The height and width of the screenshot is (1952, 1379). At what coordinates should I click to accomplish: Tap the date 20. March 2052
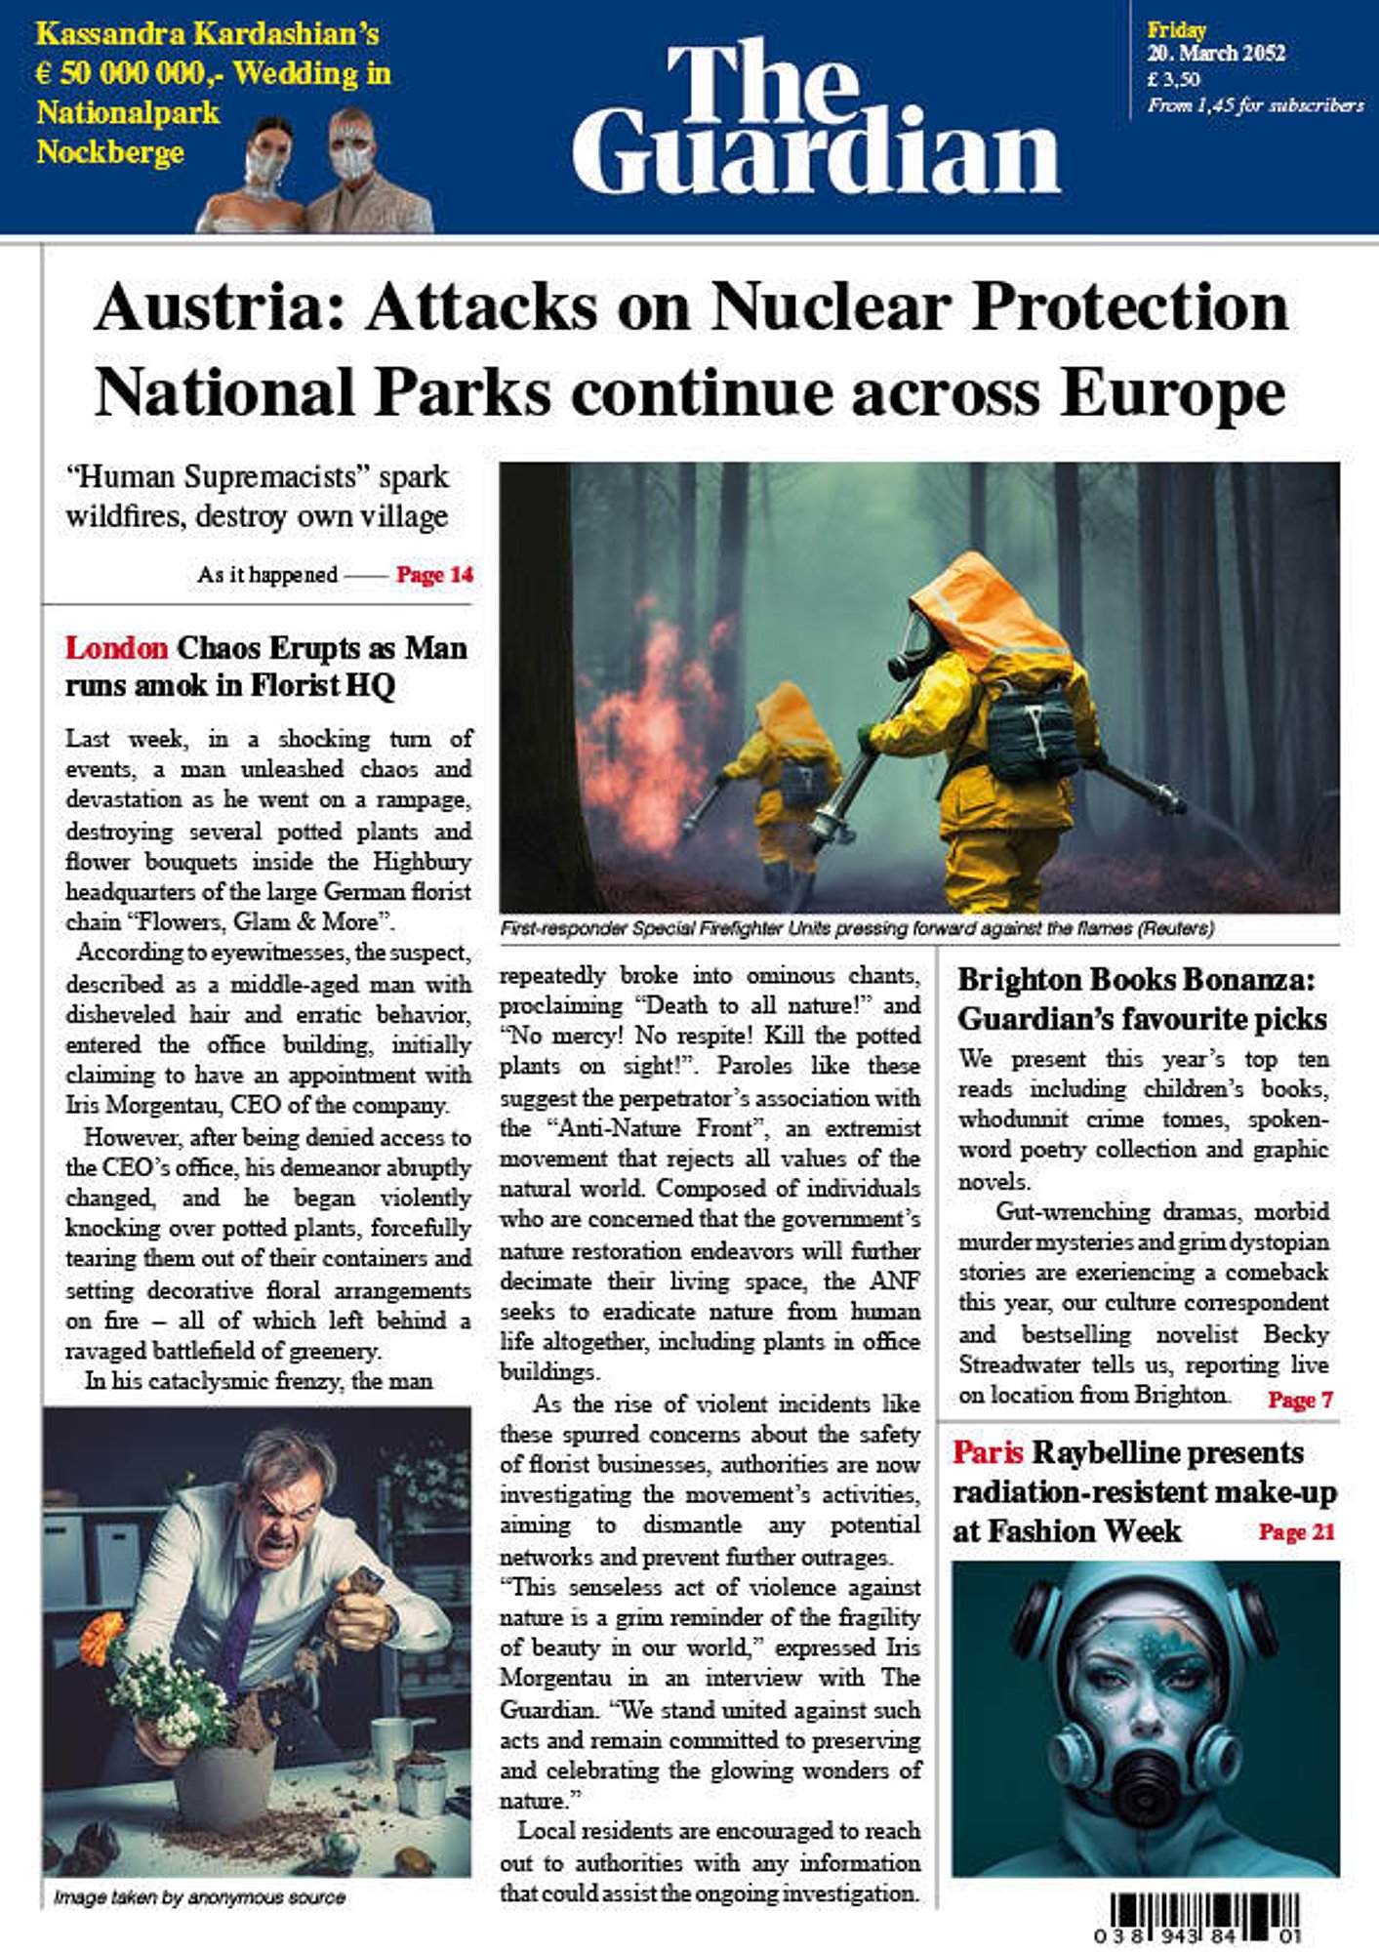(1216, 54)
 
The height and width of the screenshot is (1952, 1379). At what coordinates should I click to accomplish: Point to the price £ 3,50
(1174, 79)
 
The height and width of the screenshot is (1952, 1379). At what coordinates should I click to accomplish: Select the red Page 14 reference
(434, 575)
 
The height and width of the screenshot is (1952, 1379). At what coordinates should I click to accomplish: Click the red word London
(116, 648)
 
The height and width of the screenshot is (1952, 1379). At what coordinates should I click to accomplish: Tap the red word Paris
(988, 1452)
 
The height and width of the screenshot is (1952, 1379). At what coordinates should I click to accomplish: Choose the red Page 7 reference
(1300, 1400)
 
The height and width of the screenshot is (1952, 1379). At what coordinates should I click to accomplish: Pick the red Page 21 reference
(1296, 1531)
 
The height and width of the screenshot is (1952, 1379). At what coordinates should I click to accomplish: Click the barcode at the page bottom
(1205, 1917)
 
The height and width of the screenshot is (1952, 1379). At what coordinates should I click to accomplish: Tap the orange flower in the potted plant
(101, 1637)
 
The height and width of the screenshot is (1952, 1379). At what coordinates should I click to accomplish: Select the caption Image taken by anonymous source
(199, 1897)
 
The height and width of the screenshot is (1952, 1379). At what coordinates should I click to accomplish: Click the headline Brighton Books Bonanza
(1136, 979)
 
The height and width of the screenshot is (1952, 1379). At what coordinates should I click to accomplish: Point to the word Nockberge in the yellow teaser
(110, 152)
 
